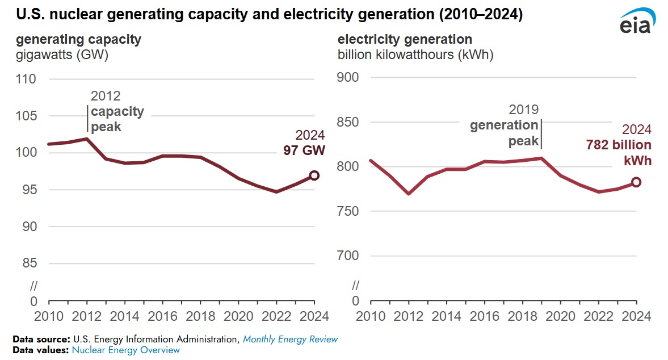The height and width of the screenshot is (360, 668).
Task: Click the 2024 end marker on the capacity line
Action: coord(314,175)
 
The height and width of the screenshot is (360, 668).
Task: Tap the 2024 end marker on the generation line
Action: coord(636,182)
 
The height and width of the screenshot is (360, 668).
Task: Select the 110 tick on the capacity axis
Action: coord(41,79)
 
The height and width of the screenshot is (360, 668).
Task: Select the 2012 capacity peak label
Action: coord(117,111)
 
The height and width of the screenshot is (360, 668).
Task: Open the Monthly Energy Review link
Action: coord(290,340)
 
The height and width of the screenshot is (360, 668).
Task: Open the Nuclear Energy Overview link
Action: coord(125,350)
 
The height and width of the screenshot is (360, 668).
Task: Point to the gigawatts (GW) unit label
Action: coord(62,56)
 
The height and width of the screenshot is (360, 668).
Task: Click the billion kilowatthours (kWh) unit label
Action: coord(415,56)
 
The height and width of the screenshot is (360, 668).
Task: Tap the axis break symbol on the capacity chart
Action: coord(33,284)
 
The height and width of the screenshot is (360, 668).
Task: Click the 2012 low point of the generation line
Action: coord(409,194)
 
